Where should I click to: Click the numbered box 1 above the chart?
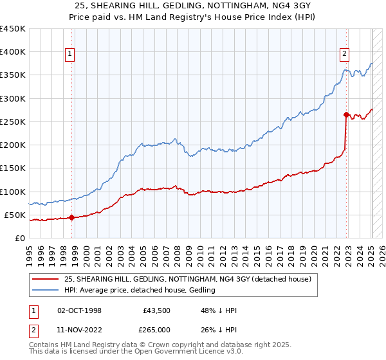[69, 55]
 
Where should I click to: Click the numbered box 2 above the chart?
[345, 55]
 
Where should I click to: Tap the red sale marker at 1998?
[71, 217]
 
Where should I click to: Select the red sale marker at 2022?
[346, 115]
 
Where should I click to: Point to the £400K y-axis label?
[12, 52]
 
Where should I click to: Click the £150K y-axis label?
[12, 168]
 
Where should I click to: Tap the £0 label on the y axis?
[19, 238]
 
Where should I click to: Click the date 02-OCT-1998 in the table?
[78, 310]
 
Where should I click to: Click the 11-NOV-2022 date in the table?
[78, 329]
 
